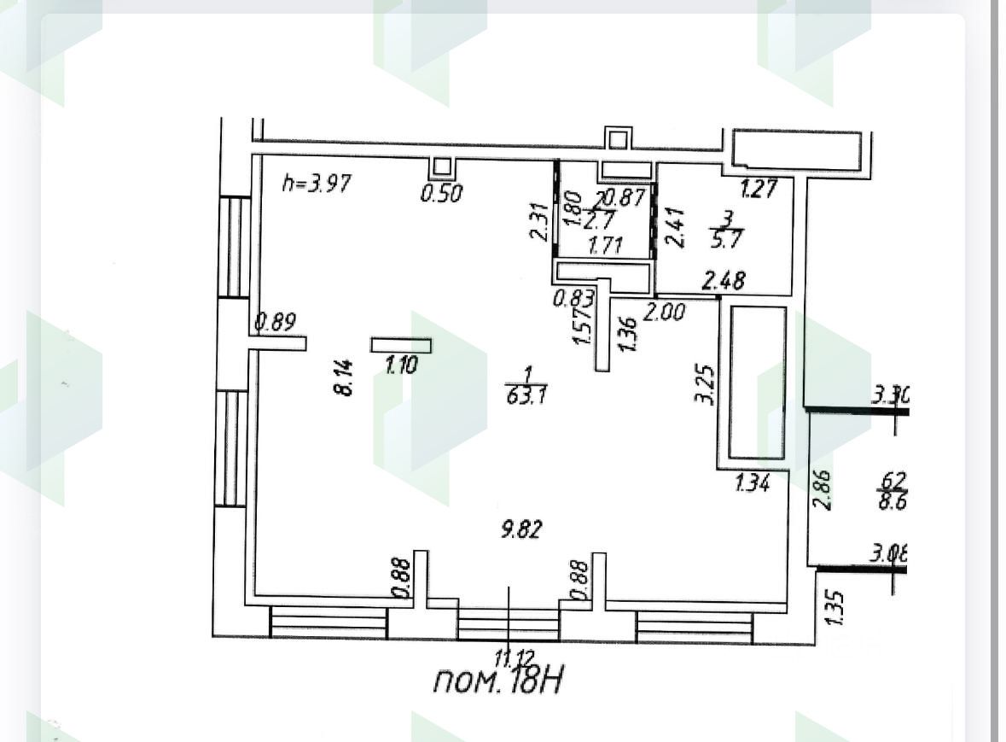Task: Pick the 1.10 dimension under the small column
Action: pyautogui.click(x=400, y=366)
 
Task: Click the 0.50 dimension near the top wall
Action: pyautogui.click(x=441, y=194)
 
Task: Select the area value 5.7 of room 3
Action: pyautogui.click(x=728, y=240)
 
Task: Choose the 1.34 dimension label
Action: pyautogui.click(x=753, y=484)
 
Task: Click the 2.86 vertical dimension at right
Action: pyautogui.click(x=823, y=488)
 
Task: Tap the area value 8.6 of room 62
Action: pyautogui.click(x=892, y=501)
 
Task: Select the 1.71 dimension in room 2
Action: pyautogui.click(x=604, y=246)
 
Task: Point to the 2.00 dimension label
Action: pyautogui.click(x=664, y=313)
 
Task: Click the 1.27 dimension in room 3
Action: pyautogui.click(x=759, y=188)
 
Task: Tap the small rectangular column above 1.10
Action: pyautogui.click(x=401, y=345)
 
